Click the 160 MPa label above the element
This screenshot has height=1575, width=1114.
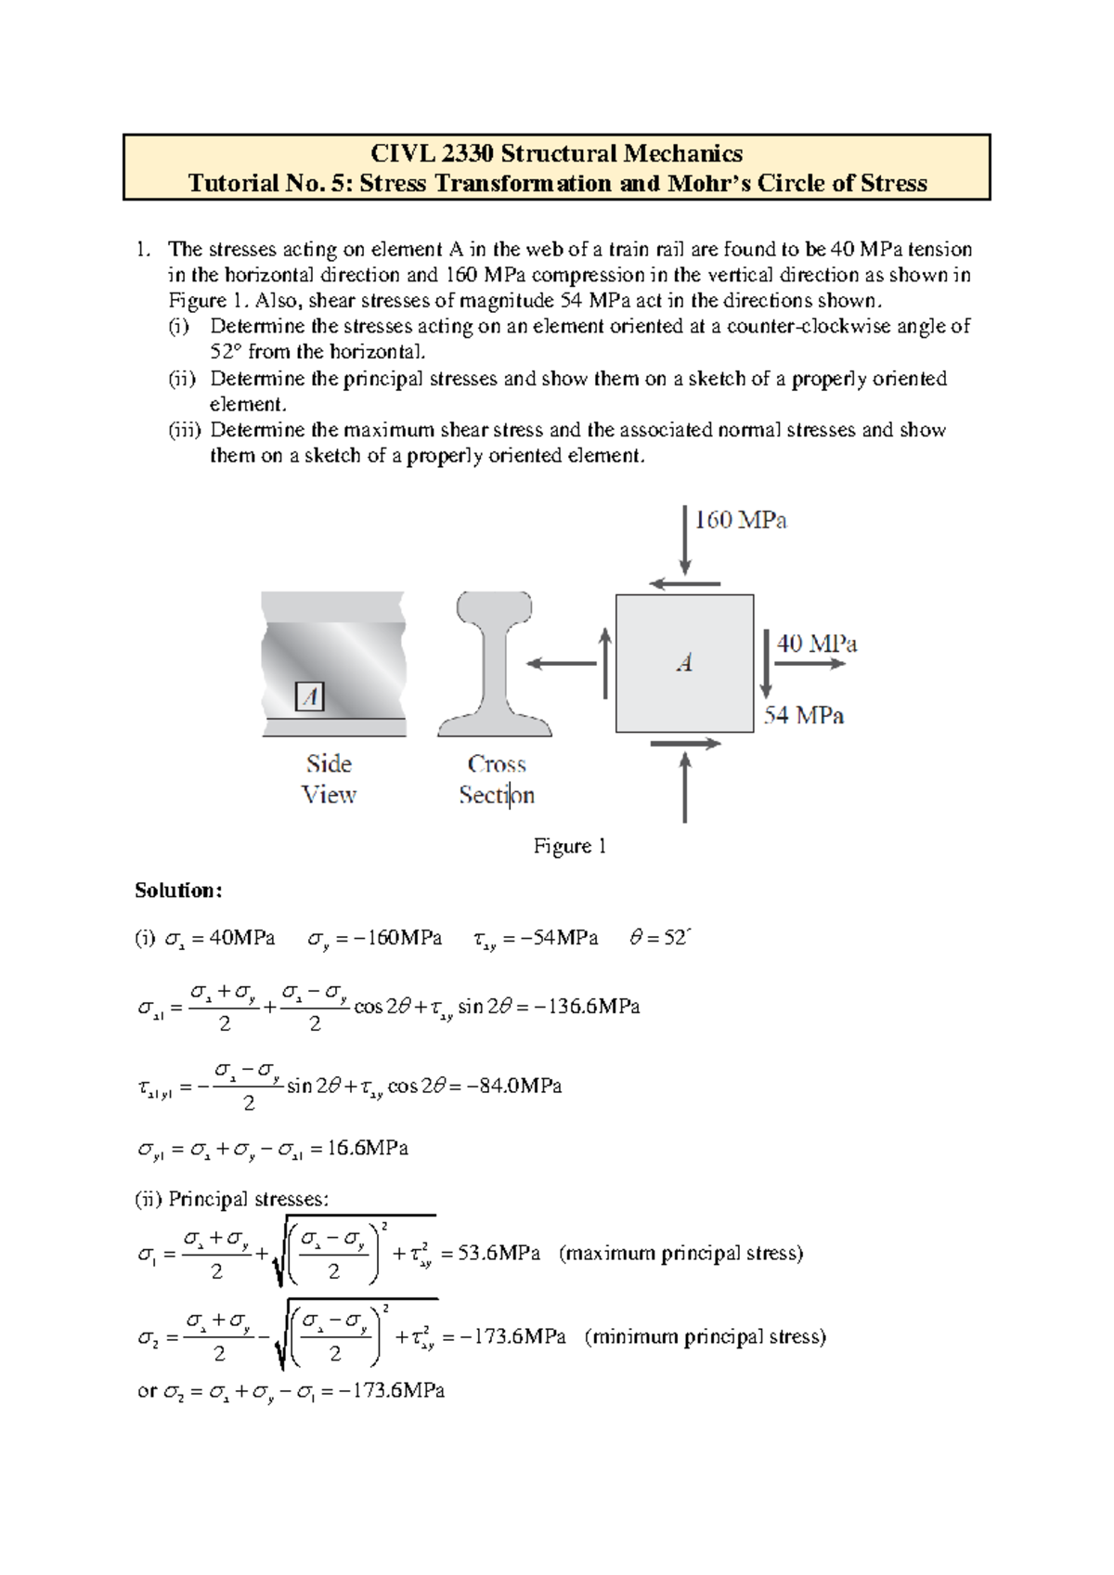(740, 520)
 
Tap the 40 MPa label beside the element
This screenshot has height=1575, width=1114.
(816, 644)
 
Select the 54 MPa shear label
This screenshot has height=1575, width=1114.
(803, 715)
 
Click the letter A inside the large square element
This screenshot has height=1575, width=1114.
(684, 663)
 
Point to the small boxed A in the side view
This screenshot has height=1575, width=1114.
(309, 696)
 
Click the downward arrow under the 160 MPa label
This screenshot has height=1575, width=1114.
(685, 540)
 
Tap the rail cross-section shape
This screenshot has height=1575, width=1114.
(494, 663)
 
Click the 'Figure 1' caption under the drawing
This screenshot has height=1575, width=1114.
(569, 846)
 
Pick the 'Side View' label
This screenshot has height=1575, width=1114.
(329, 779)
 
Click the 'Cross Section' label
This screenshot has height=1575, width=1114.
(497, 779)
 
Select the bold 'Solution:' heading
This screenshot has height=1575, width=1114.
(178, 891)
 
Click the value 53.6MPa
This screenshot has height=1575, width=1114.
(499, 1254)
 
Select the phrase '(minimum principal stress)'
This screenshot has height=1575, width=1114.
(705, 1337)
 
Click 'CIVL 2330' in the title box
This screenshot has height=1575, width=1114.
(431, 153)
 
